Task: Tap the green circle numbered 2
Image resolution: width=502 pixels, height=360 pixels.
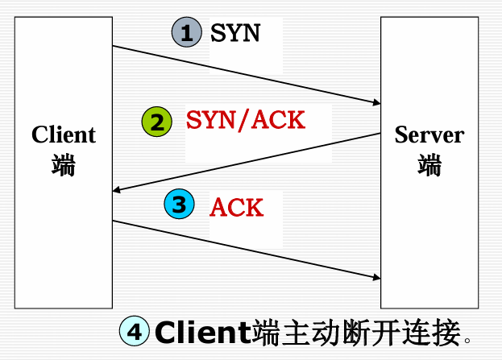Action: coord(156,122)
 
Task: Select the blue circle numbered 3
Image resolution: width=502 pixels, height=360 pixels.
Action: coord(178,205)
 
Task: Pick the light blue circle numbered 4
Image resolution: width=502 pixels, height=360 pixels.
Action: coord(135,331)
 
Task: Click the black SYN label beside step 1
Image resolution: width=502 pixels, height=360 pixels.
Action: coord(235,34)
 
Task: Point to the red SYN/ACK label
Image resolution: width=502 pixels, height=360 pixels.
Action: coord(246,121)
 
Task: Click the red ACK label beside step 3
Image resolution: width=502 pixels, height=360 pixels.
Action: coord(236,207)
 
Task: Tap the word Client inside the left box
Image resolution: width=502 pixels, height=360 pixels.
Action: coord(64,134)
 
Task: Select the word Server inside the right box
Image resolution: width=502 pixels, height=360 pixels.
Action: coord(429,134)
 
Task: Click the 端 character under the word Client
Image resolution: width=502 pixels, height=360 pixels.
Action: coord(64,165)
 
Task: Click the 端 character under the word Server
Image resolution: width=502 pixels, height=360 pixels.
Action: coord(429,165)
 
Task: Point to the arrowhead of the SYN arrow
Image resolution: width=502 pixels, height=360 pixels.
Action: coord(376,103)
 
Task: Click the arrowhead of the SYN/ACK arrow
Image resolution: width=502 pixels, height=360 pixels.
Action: coord(117,191)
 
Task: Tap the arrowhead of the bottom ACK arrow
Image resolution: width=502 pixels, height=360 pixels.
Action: coord(376,279)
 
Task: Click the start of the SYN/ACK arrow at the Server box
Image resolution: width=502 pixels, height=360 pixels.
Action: coord(380,134)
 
